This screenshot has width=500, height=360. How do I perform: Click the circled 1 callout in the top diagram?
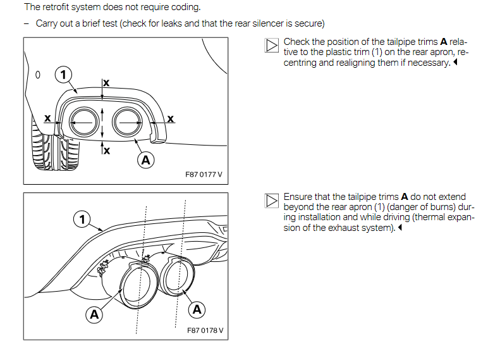pyautogui.click(x=63, y=75)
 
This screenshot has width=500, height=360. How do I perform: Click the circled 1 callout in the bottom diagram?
pyautogui.click(x=82, y=220)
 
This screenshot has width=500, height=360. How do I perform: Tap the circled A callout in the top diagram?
pyautogui.click(x=146, y=160)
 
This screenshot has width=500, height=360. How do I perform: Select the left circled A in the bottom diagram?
pyautogui.click(x=94, y=314)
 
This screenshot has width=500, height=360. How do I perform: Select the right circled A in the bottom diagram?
pyautogui.click(x=197, y=309)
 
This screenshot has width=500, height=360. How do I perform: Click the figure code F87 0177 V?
pyautogui.click(x=204, y=175)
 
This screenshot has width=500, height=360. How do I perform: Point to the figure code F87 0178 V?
pyautogui.click(x=205, y=330)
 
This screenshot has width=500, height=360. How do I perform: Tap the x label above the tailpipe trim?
pyautogui.click(x=106, y=83)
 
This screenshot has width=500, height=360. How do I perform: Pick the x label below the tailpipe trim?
pyautogui.click(x=107, y=151)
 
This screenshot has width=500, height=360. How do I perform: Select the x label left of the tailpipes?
pyautogui.click(x=47, y=118)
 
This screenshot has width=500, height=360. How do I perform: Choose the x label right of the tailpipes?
pyautogui.click(x=171, y=119)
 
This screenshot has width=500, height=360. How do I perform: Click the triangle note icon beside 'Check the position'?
pyautogui.click(x=272, y=46)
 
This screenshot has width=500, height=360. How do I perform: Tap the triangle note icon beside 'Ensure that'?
pyautogui.click(x=272, y=201)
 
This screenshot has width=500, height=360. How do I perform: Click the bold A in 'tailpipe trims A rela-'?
pyautogui.click(x=444, y=42)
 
